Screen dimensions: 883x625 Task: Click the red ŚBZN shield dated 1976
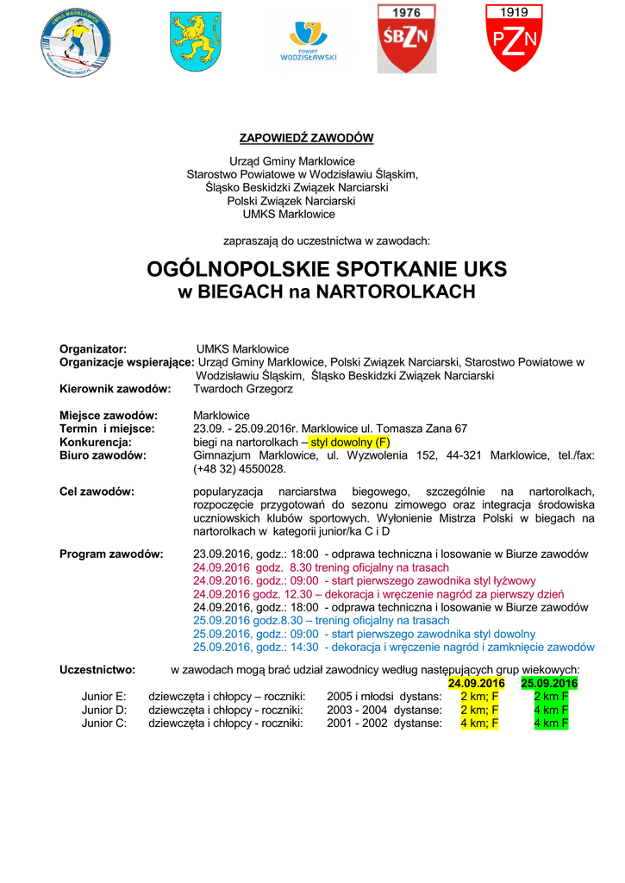(406, 38)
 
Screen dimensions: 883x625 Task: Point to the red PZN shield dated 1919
(515, 38)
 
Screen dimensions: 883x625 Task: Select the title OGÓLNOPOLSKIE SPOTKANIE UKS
(327, 269)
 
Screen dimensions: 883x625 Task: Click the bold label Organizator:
(93, 349)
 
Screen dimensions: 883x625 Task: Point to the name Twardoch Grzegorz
(243, 389)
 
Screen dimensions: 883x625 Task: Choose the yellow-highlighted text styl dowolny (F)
(350, 441)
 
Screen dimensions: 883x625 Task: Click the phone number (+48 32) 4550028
(240, 469)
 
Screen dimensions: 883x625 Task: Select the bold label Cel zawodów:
(97, 492)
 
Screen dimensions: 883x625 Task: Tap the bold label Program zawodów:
(111, 554)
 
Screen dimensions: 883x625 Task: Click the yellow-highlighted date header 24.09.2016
(476, 683)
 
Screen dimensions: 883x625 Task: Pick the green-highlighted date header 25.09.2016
(549, 683)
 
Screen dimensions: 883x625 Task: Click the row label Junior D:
(104, 710)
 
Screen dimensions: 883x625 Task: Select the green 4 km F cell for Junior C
(550, 723)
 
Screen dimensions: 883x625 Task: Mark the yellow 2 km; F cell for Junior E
(479, 696)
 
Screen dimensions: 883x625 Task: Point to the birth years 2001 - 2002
(358, 723)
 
